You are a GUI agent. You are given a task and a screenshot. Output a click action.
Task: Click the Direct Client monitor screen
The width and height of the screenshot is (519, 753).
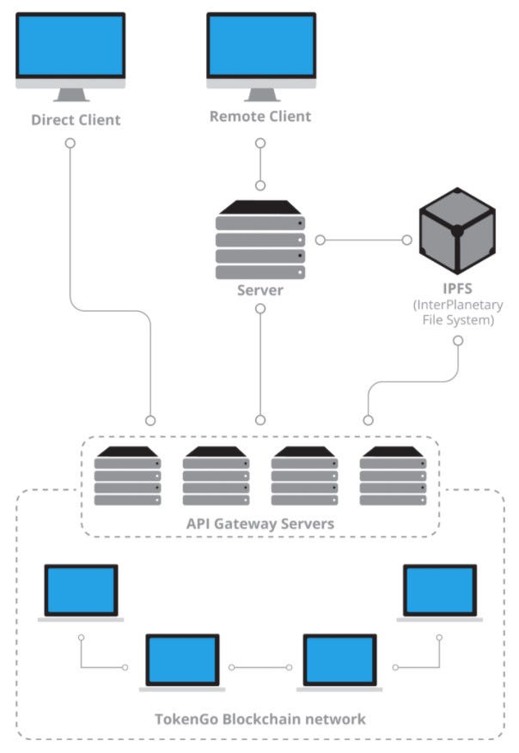click(71, 46)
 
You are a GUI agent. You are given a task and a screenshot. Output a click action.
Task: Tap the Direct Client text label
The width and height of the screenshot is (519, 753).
click(76, 119)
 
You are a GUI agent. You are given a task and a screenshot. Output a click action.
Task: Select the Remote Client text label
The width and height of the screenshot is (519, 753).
click(260, 116)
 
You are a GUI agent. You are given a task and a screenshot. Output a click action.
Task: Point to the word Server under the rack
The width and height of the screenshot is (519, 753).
click(260, 290)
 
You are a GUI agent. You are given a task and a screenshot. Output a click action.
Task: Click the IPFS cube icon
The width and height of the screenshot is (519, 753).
click(456, 231)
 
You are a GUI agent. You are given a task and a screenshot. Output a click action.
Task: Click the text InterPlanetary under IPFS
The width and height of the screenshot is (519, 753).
click(457, 306)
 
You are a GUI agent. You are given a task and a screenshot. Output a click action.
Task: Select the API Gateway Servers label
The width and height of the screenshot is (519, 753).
click(260, 523)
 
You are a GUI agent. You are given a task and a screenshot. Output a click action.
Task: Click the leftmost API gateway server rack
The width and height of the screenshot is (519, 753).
click(127, 476)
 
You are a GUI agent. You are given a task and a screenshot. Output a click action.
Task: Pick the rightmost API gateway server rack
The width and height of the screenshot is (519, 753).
click(393, 476)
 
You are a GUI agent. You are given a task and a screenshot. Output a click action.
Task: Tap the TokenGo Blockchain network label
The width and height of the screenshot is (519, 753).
click(259, 718)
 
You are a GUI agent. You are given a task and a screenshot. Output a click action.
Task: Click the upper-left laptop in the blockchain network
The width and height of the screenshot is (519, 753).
click(81, 591)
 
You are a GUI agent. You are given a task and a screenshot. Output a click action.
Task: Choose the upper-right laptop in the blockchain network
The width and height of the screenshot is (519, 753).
click(439, 591)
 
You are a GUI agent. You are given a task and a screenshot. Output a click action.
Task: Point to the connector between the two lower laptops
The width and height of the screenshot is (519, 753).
click(262, 666)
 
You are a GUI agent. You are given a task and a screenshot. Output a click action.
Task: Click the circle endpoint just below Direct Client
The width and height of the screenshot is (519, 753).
click(70, 144)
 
